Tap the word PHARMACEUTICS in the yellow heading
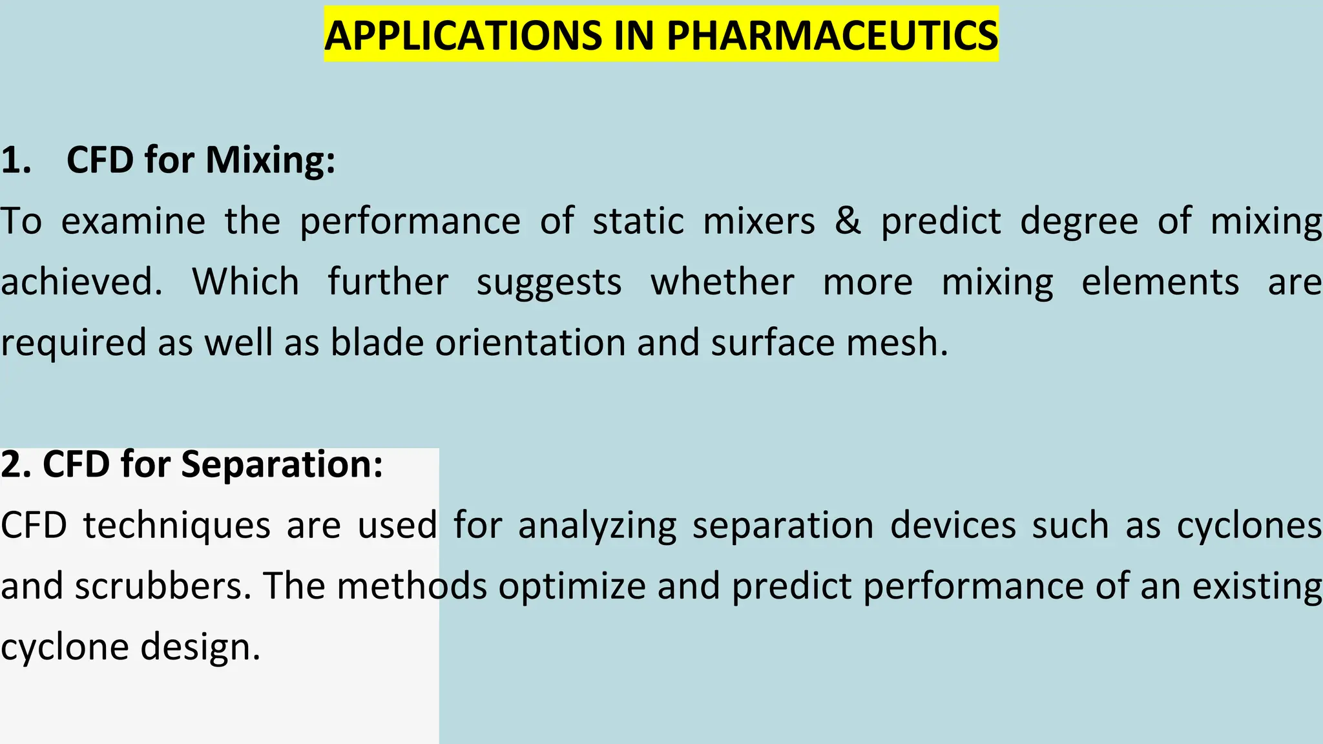tap(832, 36)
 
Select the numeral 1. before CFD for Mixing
tap(16, 160)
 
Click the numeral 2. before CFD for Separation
tap(16, 464)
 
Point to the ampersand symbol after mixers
tap(848, 221)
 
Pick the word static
tap(638, 221)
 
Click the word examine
tap(133, 221)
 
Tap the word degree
tap(1079, 221)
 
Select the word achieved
tap(81, 282)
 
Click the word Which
tap(245, 282)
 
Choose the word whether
tap(722, 282)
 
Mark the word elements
tap(1160, 282)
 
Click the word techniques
tap(176, 526)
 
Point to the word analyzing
tap(597, 526)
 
